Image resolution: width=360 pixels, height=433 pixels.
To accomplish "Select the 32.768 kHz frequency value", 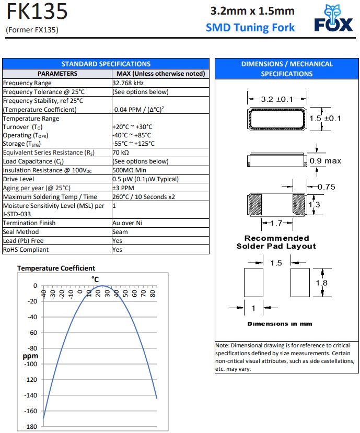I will tap(128, 83).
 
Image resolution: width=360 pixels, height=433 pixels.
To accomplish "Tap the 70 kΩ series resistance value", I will tap(121, 153).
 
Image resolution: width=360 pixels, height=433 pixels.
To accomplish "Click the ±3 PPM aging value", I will tap(123, 188).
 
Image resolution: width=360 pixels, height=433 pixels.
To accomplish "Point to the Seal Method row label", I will tap(21, 232).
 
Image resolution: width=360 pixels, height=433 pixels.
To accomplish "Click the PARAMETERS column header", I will tap(57, 74).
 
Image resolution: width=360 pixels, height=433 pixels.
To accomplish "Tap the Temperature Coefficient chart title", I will tap(56, 268).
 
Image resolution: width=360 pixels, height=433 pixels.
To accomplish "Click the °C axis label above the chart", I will tap(96, 279).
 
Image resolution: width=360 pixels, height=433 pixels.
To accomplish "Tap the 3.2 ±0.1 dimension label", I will tap(277, 99).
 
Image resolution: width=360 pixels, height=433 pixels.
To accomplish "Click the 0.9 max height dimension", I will tap(325, 161).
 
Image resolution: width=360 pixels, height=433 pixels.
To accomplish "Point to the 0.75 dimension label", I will tap(326, 187).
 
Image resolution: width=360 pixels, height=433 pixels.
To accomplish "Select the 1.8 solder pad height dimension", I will tap(322, 283).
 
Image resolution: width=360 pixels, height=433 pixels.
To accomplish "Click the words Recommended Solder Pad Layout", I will tap(276, 242).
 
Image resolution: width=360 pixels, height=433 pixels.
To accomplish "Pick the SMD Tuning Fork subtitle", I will tap(250, 28).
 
